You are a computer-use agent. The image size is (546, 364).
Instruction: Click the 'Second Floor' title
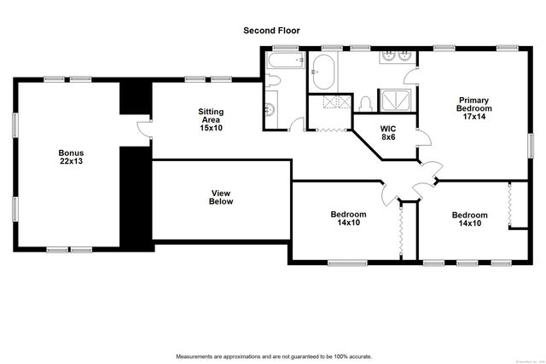pos(271,31)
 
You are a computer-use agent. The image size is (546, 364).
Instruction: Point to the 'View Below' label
pos(221,197)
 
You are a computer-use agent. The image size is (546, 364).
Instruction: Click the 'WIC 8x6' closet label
pos(388,132)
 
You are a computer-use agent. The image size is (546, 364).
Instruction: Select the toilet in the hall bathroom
pos(272,82)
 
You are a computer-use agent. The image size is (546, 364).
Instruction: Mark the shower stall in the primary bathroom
pos(394,101)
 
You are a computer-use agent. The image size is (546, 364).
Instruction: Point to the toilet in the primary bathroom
pos(367,102)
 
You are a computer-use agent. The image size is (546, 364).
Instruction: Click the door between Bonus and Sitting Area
pos(142,130)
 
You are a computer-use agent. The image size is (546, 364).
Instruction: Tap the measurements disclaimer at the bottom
pos(272,355)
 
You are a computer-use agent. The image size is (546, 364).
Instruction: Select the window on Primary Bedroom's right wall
pos(531,139)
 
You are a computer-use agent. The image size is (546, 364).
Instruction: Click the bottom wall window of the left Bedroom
pos(346,262)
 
